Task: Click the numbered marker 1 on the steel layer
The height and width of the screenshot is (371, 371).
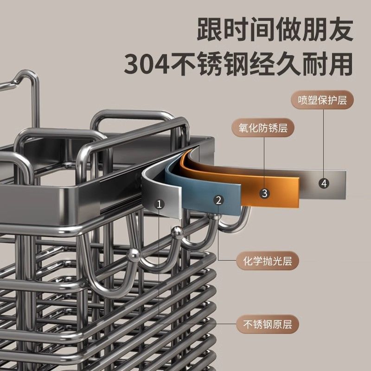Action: click(160, 204)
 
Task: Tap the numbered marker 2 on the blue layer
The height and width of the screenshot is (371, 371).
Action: click(219, 200)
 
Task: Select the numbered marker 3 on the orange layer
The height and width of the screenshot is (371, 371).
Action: click(264, 193)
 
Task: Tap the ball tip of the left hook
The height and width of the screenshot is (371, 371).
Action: click(134, 254)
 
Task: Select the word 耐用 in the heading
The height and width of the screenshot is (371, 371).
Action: click(327, 64)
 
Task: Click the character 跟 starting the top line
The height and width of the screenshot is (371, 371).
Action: click(210, 30)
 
